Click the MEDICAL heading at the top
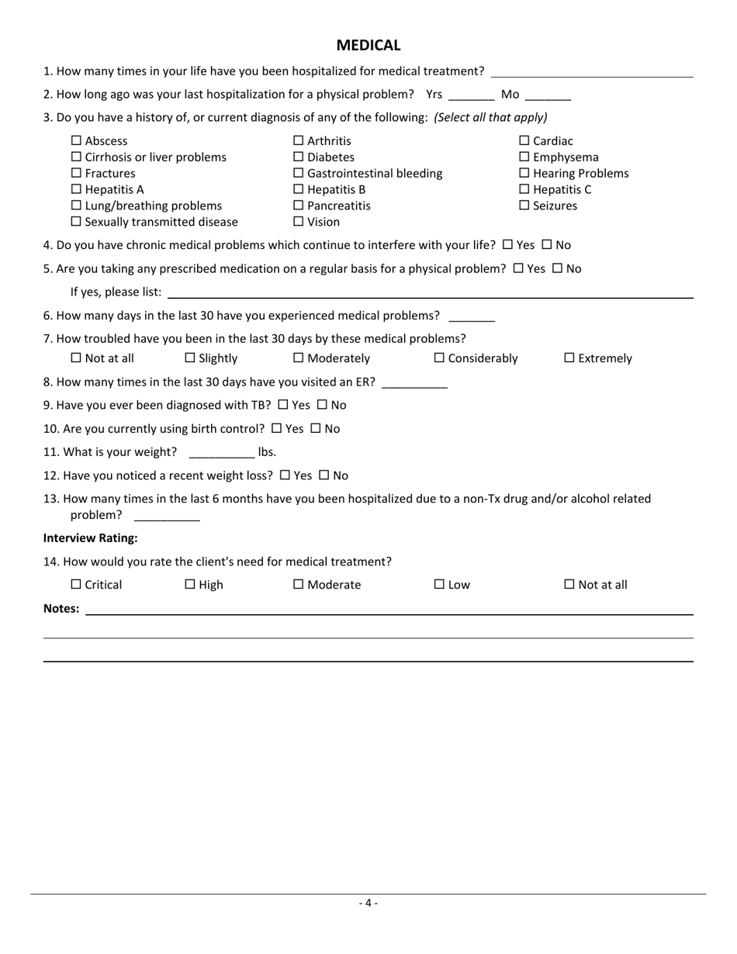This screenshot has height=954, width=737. (368, 46)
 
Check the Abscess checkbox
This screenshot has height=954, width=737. (76, 141)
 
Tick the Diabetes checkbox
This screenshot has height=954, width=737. (299, 157)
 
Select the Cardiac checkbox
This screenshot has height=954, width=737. (524, 141)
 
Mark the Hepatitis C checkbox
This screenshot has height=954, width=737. (524, 190)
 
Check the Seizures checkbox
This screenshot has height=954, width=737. (524, 206)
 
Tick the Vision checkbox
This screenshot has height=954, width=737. (299, 223)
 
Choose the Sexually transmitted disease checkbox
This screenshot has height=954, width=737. (76, 223)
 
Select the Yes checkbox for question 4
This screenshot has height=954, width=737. (507, 245)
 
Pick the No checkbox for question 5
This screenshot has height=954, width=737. (557, 269)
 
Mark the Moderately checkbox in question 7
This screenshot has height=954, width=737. (299, 358)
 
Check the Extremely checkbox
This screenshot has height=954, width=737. (569, 358)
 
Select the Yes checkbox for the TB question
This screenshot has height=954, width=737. (282, 405)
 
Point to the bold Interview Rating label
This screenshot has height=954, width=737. (91, 538)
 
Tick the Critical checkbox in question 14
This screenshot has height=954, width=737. (76, 585)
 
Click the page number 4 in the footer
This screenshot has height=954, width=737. (368, 903)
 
